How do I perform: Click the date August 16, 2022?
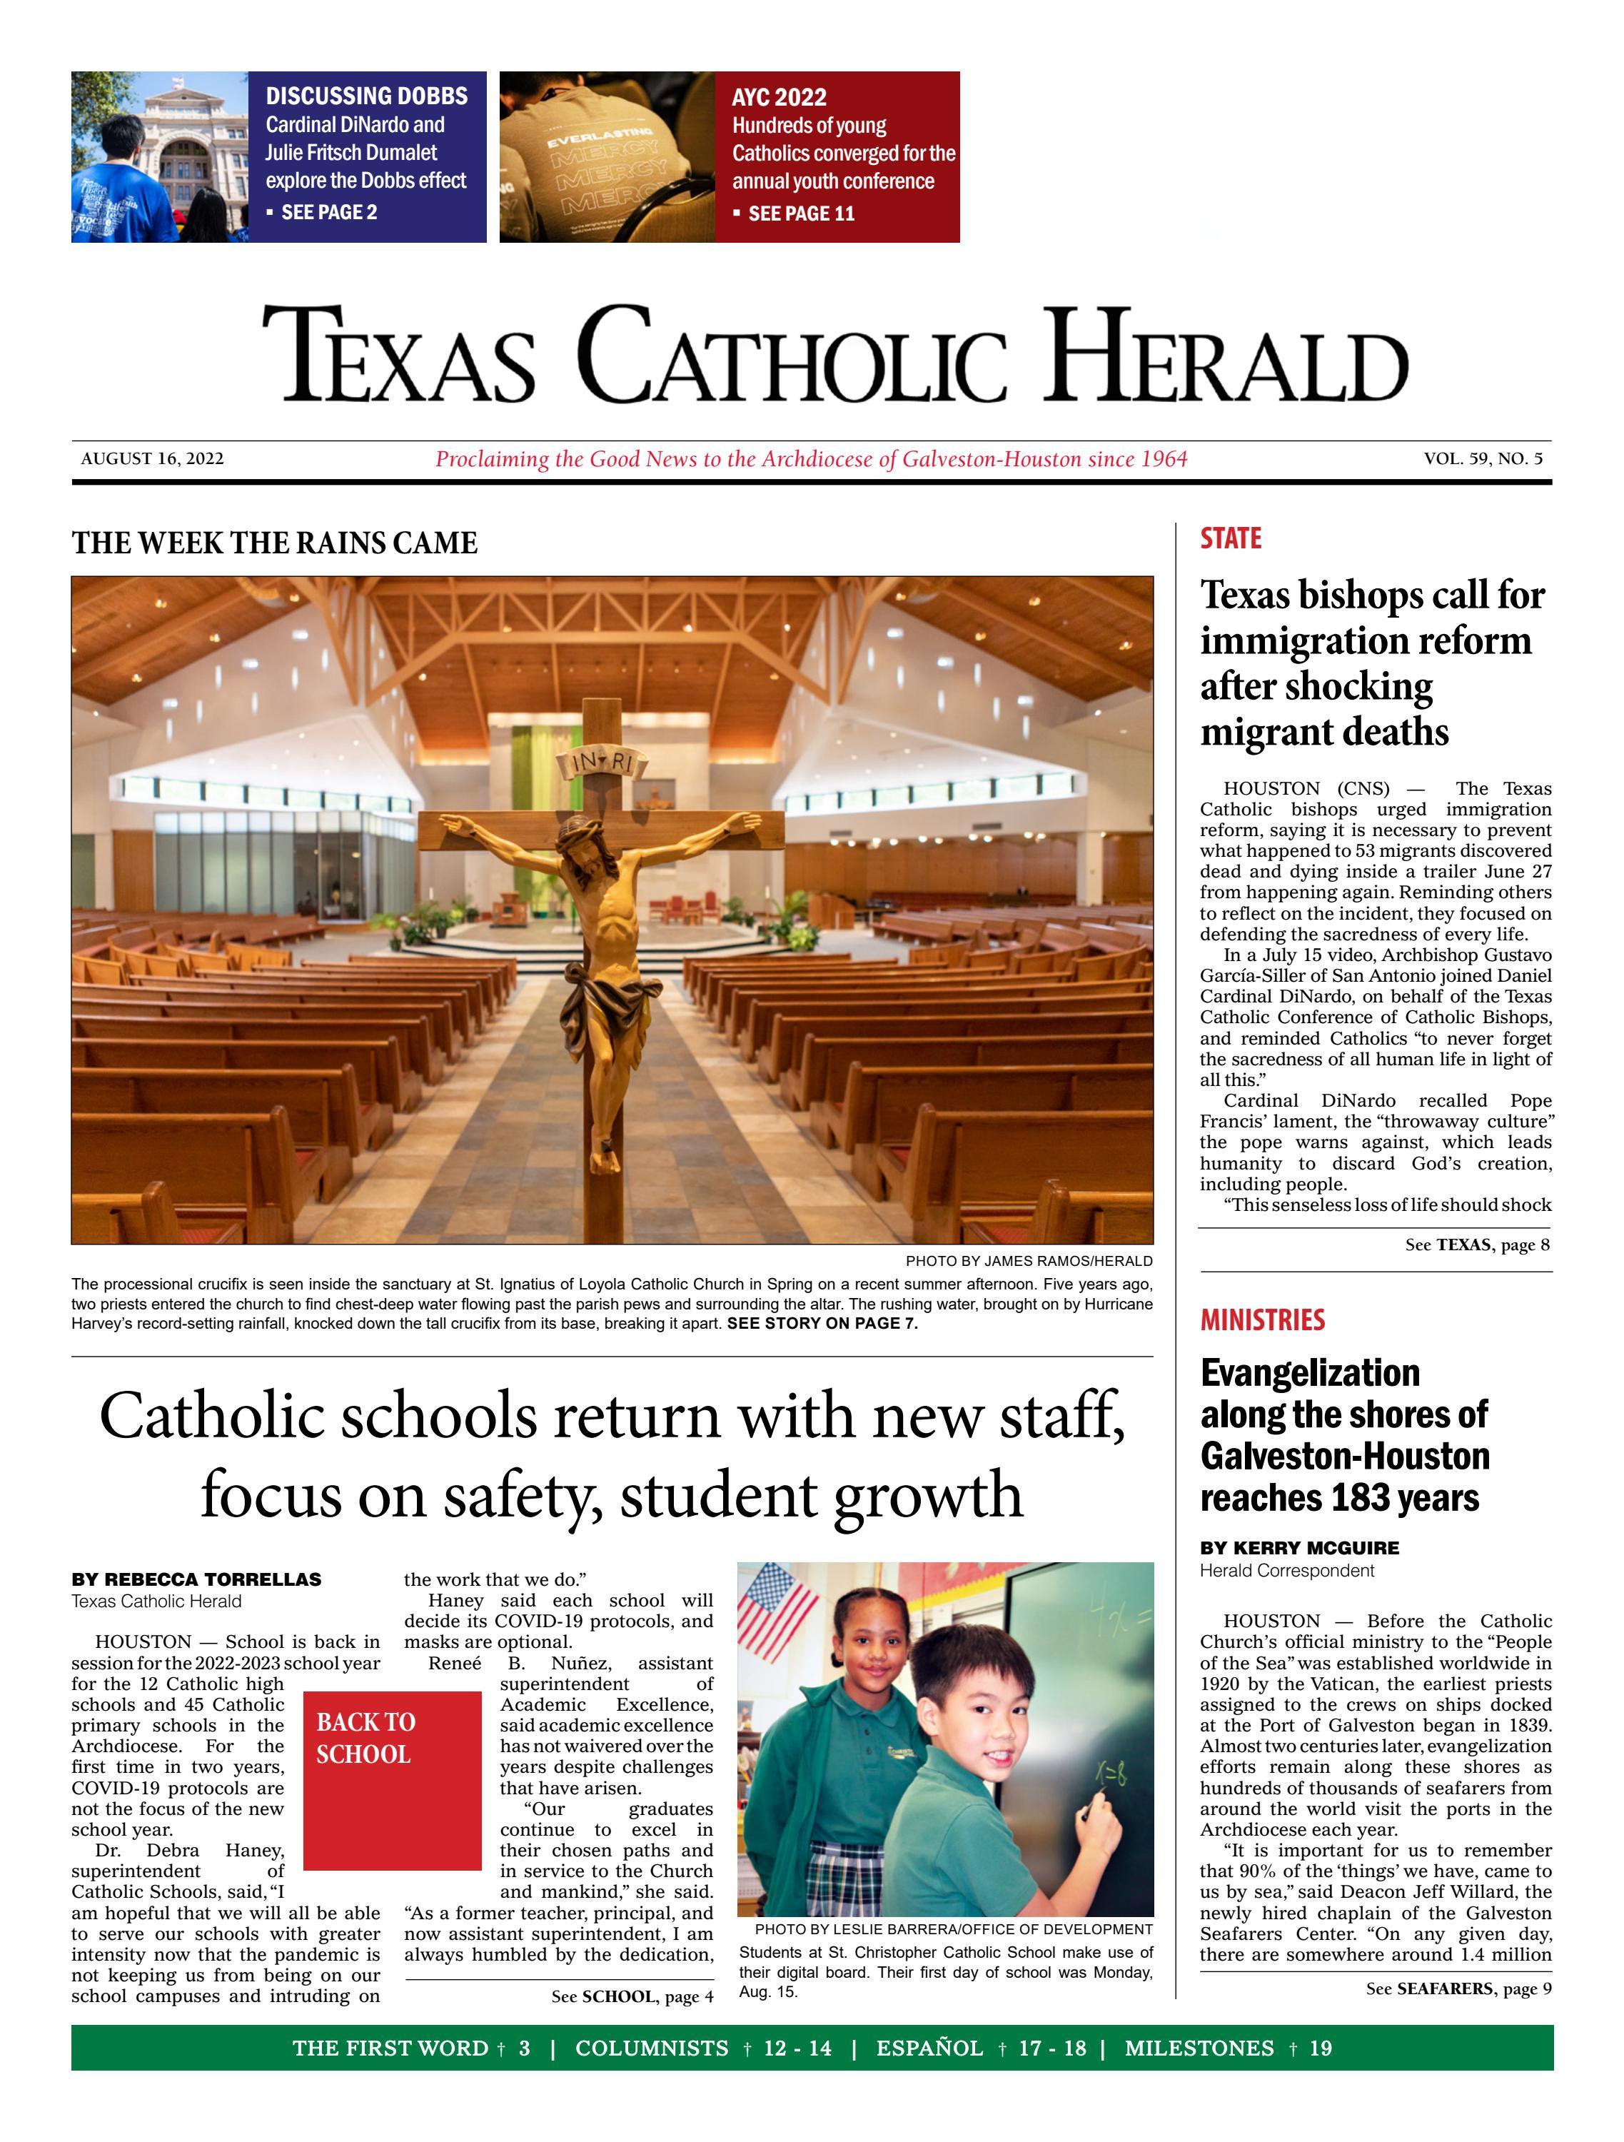(152, 459)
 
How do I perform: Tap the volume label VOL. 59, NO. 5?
(1483, 459)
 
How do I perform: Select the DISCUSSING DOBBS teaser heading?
(366, 96)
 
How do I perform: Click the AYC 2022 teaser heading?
(779, 97)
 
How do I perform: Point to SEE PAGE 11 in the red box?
(801, 213)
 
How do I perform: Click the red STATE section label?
(1230, 538)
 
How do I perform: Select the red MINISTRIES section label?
(1262, 1320)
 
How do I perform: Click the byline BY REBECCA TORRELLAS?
(196, 1579)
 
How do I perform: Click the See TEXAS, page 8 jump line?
(1477, 1245)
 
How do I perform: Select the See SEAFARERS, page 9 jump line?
(1458, 1989)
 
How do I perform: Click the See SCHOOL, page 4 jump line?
(631, 1997)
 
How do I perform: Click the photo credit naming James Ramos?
(1029, 1261)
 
